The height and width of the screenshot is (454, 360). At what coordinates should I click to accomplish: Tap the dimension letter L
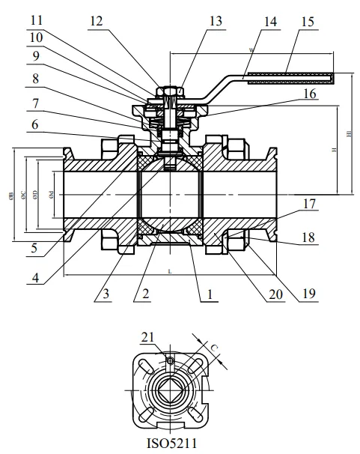170,268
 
